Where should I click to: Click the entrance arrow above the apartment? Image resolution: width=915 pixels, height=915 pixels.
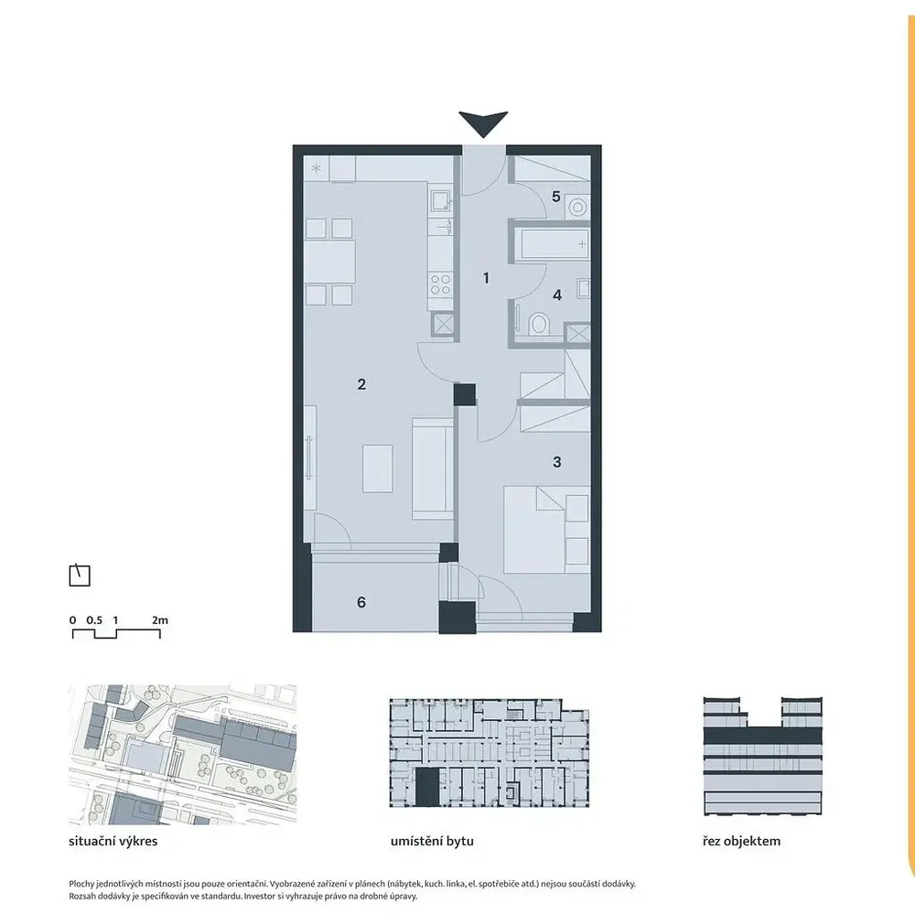pyautogui.click(x=483, y=124)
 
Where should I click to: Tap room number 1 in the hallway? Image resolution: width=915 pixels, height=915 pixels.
pyautogui.click(x=486, y=278)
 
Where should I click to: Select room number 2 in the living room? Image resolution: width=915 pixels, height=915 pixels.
pyautogui.click(x=361, y=384)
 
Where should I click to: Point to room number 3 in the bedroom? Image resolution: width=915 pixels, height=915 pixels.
pyautogui.click(x=556, y=462)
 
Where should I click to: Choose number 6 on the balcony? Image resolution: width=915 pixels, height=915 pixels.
pyautogui.click(x=361, y=602)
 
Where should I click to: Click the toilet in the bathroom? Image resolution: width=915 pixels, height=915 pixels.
pyautogui.click(x=539, y=325)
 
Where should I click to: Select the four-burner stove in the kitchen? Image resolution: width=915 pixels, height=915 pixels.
pyautogui.click(x=440, y=285)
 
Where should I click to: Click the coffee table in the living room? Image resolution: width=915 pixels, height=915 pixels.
pyautogui.click(x=378, y=468)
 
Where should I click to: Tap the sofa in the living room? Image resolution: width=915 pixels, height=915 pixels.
pyautogui.click(x=433, y=468)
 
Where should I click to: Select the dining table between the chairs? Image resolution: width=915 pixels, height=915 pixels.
pyautogui.click(x=329, y=262)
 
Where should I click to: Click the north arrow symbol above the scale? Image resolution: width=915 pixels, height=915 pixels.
pyautogui.click(x=80, y=576)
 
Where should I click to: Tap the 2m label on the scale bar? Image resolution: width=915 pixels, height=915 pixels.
pyautogui.click(x=160, y=620)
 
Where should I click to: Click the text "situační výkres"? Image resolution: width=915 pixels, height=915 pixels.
pyautogui.click(x=113, y=842)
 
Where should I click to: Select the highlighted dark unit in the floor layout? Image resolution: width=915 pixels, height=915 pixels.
pyautogui.click(x=426, y=787)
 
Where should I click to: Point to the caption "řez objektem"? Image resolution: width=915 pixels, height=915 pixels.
pyautogui.click(x=742, y=842)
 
